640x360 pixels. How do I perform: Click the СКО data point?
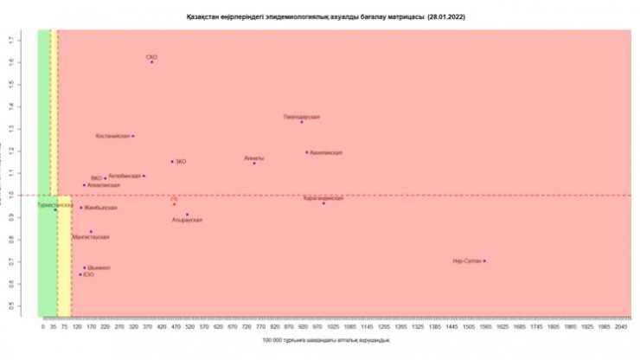click(x=151, y=62)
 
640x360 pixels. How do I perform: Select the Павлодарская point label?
click(x=302, y=116)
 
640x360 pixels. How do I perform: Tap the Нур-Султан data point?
click(x=484, y=260)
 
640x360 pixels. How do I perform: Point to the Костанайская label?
click(x=112, y=136)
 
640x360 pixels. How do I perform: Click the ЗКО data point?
click(x=172, y=161)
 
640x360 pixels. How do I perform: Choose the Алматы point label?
click(x=254, y=158)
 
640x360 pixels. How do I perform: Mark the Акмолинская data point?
click(x=306, y=152)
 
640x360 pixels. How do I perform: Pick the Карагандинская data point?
click(x=324, y=202)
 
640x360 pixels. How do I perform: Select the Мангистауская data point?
click(x=91, y=231)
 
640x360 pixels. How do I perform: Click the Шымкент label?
click(x=99, y=268)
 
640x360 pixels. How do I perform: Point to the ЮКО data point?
click(x=80, y=274)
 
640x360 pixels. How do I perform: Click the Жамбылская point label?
click(x=100, y=208)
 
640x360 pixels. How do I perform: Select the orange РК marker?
click(x=174, y=203)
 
